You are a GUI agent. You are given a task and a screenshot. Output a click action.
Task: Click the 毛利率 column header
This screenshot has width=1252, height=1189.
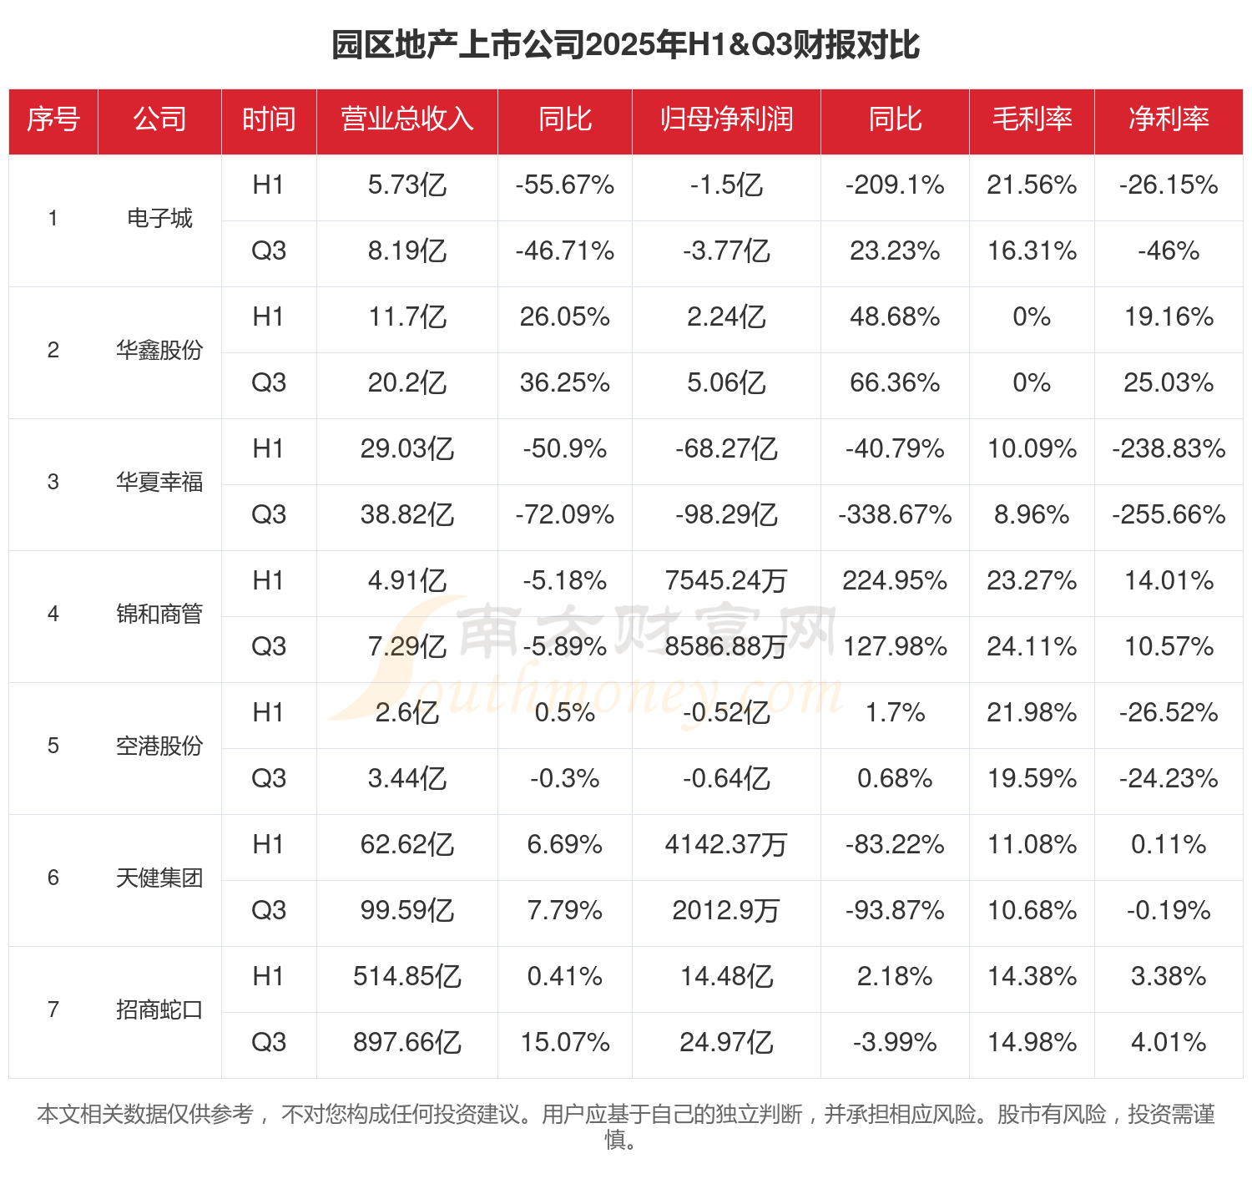point(1032,119)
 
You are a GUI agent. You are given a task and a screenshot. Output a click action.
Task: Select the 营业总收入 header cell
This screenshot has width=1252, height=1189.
point(407,119)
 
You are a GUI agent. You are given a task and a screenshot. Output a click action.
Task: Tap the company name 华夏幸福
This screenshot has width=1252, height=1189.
point(159,483)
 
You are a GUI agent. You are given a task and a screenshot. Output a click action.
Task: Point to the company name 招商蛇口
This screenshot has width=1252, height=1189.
point(159,1010)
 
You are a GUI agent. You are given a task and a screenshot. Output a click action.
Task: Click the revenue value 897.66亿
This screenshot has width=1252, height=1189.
point(407,1043)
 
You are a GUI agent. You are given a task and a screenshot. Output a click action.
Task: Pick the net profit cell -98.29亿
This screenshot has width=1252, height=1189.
point(726,515)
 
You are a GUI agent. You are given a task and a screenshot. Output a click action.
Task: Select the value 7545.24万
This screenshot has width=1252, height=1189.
point(726,581)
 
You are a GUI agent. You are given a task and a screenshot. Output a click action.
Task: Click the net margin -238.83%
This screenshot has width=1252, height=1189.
point(1169,449)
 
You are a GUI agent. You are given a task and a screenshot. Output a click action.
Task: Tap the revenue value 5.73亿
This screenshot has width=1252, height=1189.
point(407,185)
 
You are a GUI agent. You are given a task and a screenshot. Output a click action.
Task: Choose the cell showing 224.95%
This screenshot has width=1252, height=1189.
point(895,581)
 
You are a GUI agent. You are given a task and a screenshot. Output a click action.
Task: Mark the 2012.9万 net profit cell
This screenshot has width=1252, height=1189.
point(726,911)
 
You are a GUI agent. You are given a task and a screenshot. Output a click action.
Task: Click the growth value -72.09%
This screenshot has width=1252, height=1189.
point(565,515)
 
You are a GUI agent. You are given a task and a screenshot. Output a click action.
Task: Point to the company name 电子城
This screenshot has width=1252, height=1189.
point(159,219)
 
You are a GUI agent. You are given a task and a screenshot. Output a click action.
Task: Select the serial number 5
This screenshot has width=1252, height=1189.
point(53,746)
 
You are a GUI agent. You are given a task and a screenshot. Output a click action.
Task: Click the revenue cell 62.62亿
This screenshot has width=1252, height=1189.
point(407,845)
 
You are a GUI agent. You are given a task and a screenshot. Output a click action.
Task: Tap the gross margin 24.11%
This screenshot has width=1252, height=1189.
point(1032,647)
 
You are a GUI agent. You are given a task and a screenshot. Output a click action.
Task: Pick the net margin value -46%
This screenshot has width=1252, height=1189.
point(1169,251)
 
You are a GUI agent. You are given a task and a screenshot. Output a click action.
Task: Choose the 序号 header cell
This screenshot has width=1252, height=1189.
point(53,119)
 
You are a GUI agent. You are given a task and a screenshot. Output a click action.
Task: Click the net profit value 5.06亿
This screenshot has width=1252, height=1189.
point(726,383)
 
